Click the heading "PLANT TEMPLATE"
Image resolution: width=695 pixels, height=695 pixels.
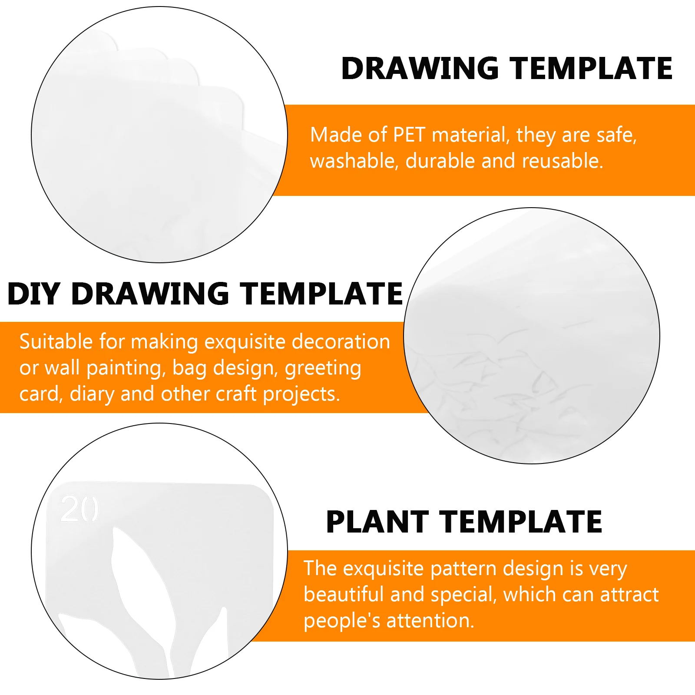464,522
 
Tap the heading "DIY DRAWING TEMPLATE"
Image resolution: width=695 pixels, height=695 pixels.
205,294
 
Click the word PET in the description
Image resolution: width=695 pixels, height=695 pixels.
409,135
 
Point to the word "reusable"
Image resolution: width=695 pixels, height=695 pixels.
563,161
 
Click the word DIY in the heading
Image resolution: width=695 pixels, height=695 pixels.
33,294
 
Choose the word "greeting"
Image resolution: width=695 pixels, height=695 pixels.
323,369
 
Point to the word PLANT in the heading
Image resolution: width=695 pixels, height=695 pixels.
377,522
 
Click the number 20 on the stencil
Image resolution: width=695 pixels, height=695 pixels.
79,509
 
